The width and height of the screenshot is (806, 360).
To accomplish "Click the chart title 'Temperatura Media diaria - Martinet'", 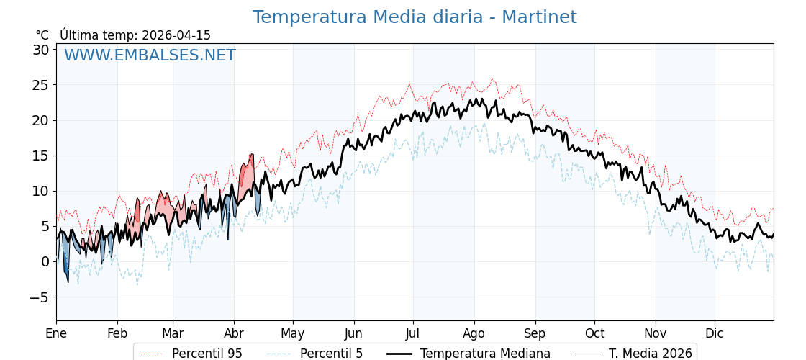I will point(414,17).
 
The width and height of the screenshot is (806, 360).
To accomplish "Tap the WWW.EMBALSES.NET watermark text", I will point(150,55).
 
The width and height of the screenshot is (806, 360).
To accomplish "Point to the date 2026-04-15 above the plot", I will point(176,35).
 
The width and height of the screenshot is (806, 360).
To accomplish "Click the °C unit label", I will point(42,35).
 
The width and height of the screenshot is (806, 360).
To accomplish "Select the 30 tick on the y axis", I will point(40,50).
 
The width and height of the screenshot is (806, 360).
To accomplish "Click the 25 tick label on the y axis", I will point(40,85).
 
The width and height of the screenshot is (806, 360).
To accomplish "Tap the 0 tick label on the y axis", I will point(45,261).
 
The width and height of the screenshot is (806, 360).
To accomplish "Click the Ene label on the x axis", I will point(56,333).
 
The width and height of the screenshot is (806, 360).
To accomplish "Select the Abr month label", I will point(234,333).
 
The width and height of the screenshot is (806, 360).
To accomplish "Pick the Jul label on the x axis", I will point(413,333).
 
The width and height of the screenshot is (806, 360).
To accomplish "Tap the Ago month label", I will point(474,333).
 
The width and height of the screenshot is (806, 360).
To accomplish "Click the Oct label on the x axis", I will point(594,333).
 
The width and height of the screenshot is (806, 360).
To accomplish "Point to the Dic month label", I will point(715,333).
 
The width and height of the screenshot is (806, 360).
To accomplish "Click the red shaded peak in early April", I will point(247,176).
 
